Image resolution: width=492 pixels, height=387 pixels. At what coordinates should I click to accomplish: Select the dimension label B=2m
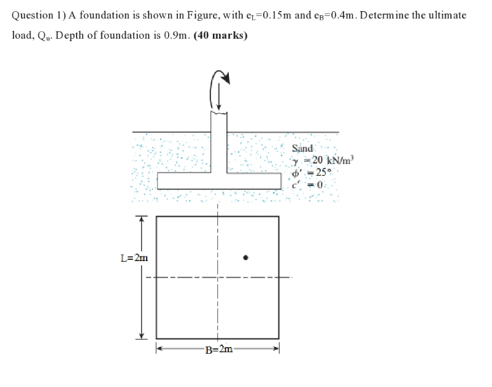click(218, 350)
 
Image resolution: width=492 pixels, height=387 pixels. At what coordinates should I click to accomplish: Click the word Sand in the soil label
click(302, 148)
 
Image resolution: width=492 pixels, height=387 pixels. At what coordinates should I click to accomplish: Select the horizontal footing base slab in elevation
click(218, 181)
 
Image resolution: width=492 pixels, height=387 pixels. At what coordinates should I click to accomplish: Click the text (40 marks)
click(220, 35)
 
